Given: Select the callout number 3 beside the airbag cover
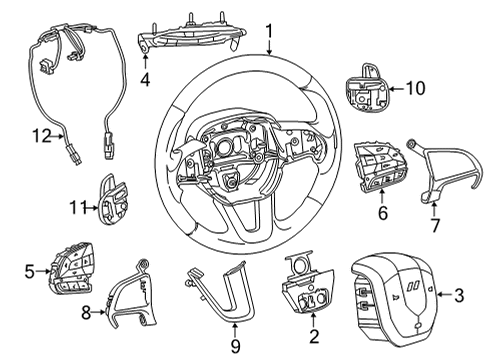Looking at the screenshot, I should tap(458, 296).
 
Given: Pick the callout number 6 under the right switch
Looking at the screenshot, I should tap(382, 212).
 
